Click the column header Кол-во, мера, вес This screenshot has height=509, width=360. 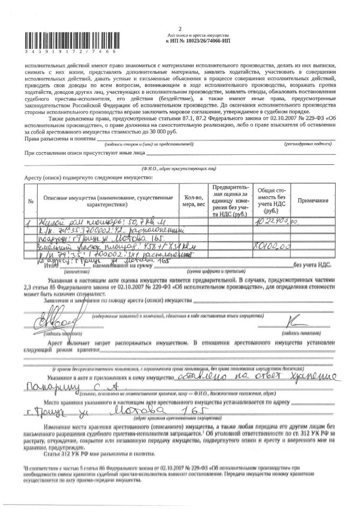193,200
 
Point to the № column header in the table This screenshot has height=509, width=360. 31,200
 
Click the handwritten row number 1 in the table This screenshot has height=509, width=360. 30,222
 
